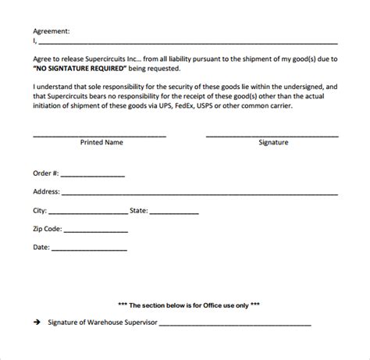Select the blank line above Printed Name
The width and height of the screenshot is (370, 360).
(99, 134)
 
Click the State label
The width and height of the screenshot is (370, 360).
(138, 210)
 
